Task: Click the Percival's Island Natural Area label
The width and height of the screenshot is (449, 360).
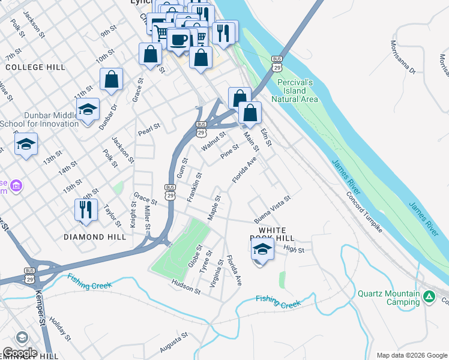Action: click(295, 90)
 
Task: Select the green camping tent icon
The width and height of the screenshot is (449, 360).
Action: click(429, 296)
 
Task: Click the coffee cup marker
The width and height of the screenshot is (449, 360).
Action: click(179, 40)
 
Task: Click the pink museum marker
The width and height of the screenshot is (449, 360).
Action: click(16, 186)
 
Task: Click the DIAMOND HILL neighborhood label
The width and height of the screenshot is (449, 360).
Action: click(95, 237)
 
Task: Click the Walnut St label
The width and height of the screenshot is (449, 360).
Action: click(213, 142)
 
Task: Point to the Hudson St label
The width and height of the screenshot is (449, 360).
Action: click(185, 287)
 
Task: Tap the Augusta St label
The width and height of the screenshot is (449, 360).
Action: click(174, 344)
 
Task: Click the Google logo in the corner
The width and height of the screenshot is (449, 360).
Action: click(19, 353)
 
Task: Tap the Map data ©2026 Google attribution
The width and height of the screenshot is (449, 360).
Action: click(412, 355)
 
